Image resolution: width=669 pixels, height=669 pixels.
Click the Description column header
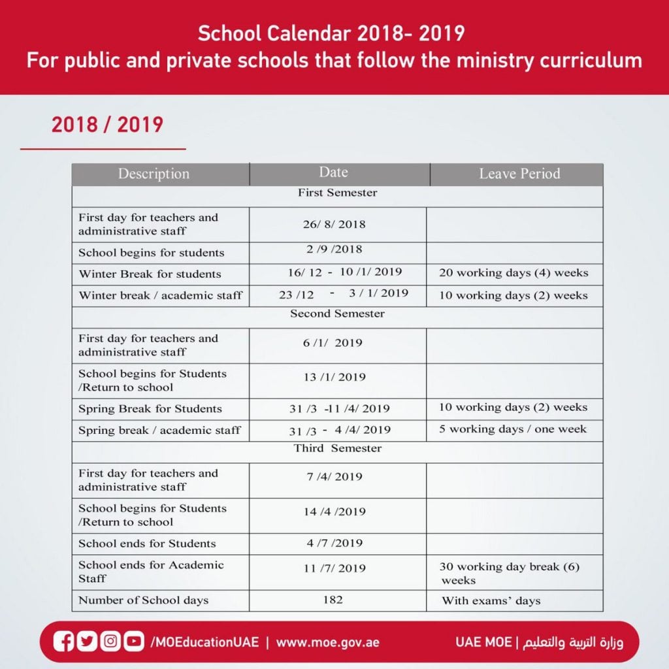click(154, 174)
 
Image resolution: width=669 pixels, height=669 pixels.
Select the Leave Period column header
click(519, 174)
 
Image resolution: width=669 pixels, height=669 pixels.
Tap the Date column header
click(333, 172)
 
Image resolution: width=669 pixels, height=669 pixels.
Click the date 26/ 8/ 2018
click(334, 224)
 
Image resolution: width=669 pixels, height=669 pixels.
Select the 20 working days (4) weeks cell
click(514, 272)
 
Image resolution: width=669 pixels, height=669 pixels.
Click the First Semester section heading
click(337, 193)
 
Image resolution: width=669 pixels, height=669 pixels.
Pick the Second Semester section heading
click(337, 314)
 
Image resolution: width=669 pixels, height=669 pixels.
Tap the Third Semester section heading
click(337, 448)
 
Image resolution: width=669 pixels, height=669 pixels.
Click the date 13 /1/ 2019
click(334, 377)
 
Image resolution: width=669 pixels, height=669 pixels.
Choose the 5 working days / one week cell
click(513, 429)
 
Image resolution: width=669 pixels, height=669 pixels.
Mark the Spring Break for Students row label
click(150, 409)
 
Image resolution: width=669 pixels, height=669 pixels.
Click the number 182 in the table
click(333, 599)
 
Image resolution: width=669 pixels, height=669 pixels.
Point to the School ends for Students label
click(147, 544)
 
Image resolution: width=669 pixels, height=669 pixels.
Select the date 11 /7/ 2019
click(334, 568)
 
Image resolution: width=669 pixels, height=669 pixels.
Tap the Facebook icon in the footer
click(64, 642)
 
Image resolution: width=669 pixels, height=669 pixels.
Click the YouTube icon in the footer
click(133, 642)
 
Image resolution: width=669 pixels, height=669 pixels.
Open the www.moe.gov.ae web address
click(327, 642)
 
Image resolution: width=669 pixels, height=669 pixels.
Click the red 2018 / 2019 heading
click(107, 124)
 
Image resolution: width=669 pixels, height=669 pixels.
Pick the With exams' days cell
click(491, 600)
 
